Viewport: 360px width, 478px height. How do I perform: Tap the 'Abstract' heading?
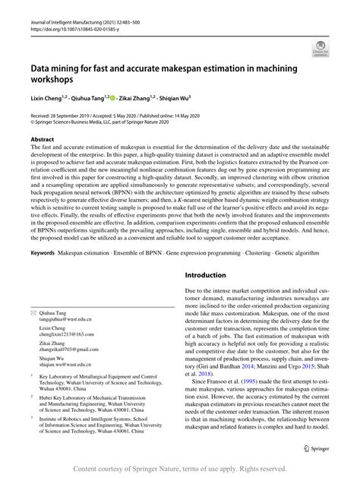click(x=43, y=141)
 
